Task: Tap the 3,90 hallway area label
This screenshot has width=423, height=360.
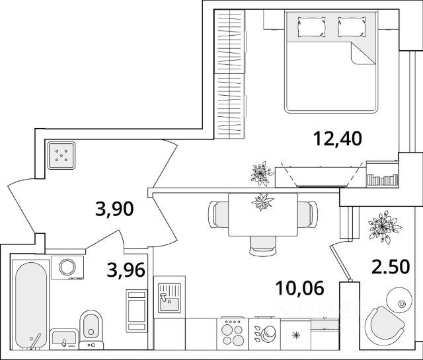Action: tap(115, 210)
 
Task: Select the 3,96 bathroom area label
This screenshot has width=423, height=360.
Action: tap(126, 270)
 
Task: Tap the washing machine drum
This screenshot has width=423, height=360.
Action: tap(67, 266)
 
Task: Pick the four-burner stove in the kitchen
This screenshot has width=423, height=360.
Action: tap(233, 331)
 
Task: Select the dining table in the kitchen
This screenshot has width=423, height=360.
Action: tap(262, 214)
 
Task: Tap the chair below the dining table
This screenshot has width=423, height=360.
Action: tap(262, 246)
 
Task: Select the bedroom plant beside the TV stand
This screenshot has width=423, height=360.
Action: tap(260, 173)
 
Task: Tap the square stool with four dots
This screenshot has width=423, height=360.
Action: tap(61, 156)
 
